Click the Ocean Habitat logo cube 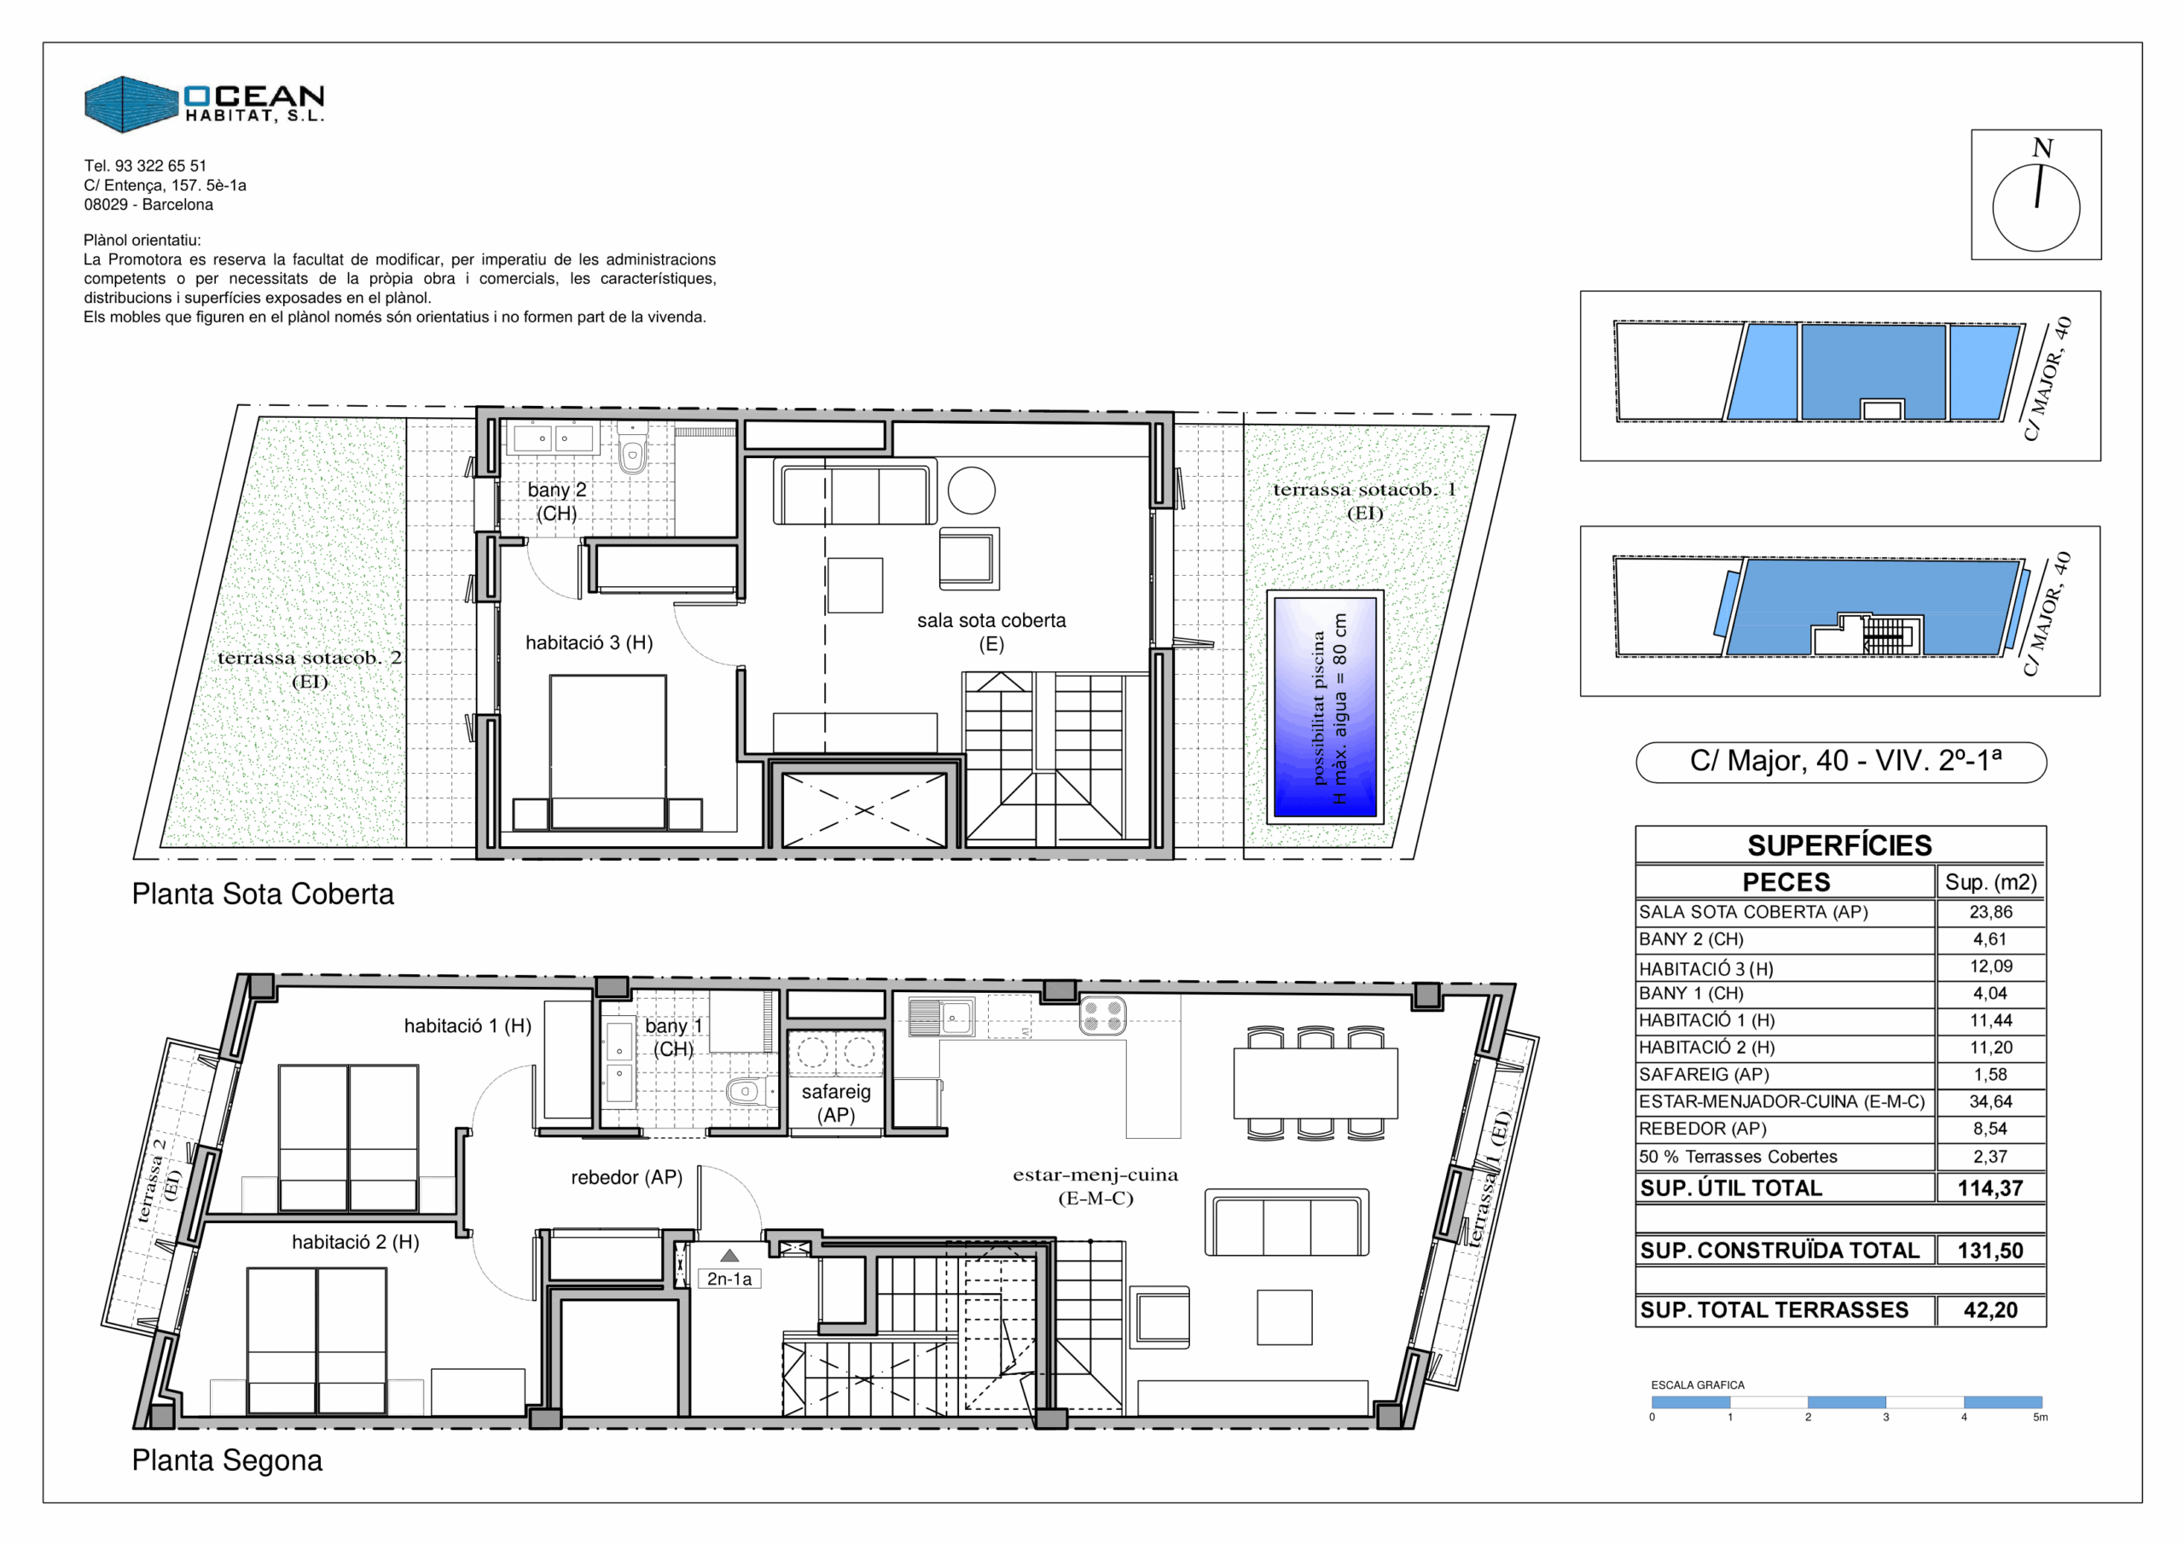click(x=131, y=105)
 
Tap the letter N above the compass click(x=2042, y=148)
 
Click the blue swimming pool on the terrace click(x=1325, y=707)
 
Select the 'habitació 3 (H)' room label click(x=589, y=643)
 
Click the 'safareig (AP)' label click(x=836, y=1104)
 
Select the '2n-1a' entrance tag click(x=729, y=1280)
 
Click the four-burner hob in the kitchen click(x=1102, y=1015)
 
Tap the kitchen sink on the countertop click(x=941, y=1017)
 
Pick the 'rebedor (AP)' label click(x=627, y=1178)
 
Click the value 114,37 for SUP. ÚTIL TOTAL click(x=1990, y=1188)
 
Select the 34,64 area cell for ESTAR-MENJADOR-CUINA click(x=1991, y=1101)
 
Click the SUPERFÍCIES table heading click(x=1839, y=845)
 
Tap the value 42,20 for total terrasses click(x=1990, y=1311)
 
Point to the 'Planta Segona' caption click(x=227, y=1460)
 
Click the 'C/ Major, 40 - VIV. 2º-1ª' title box click(x=1840, y=762)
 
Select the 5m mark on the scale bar click(x=2040, y=1418)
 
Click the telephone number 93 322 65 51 click(x=160, y=165)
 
